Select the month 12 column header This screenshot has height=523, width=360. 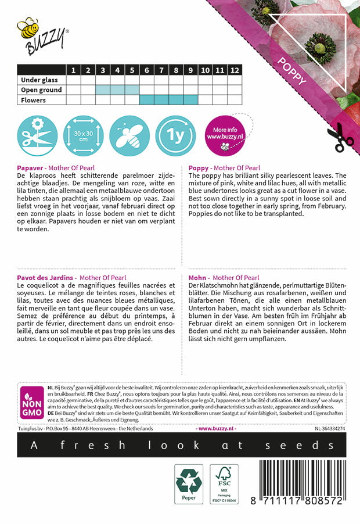point(234,70)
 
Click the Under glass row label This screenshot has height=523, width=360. point(41,80)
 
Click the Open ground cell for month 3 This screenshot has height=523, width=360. point(102,90)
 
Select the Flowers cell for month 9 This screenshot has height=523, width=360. point(190,100)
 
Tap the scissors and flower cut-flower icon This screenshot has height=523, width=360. point(37,136)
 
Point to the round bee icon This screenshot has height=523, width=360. point(129,136)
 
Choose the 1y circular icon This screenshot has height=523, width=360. point(176,136)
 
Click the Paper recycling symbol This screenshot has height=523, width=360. point(189,483)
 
